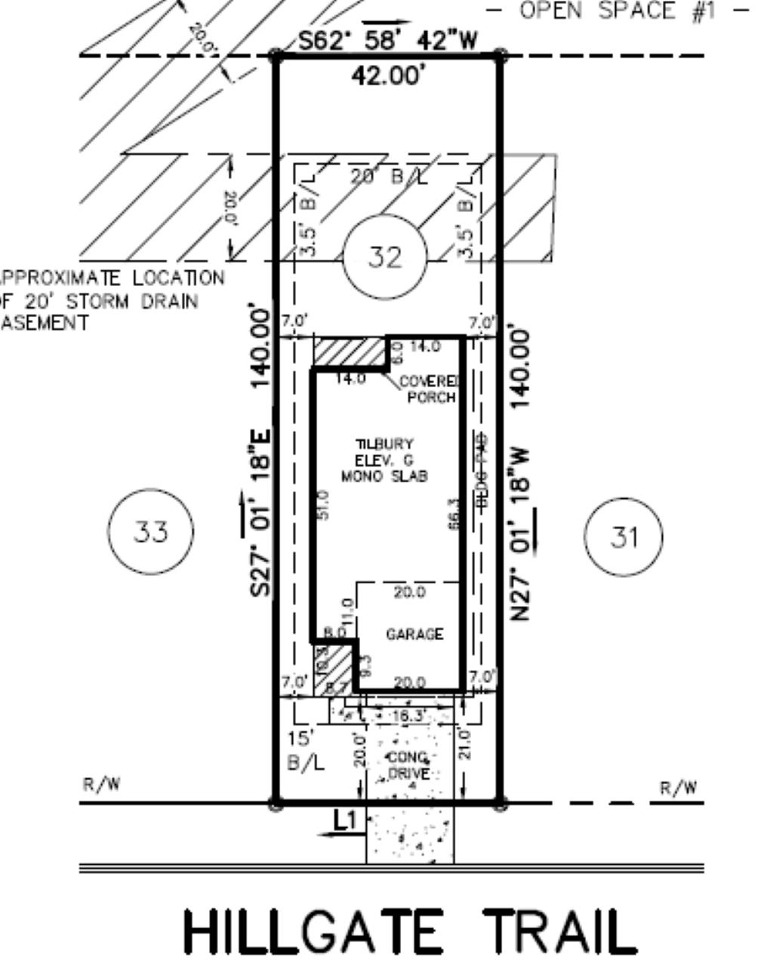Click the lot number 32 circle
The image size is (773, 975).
coord(385,258)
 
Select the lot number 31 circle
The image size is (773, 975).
coord(624,537)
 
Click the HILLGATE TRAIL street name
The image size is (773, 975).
coord(410,933)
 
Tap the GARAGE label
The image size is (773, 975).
coord(414,635)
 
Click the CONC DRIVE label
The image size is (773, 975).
coord(409,766)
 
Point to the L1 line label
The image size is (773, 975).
coord(344,820)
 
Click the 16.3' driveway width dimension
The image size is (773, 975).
coord(411,715)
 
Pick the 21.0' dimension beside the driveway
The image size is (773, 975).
coord(464,743)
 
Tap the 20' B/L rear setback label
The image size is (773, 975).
coord(389,177)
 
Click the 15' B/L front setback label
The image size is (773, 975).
coord(306,751)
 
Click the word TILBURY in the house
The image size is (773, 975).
coord(385,444)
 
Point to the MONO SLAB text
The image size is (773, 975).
coord(385,476)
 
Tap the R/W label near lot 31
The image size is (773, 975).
coord(678,788)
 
